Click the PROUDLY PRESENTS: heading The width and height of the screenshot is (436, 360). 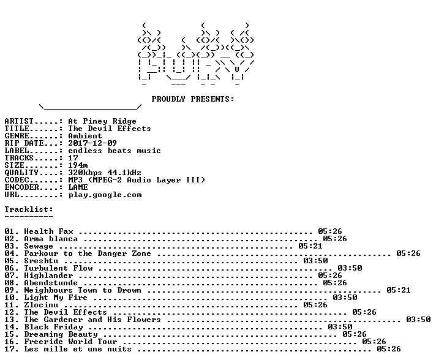click(193, 99)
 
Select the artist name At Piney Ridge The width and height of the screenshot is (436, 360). click(102, 121)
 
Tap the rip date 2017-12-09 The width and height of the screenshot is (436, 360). click(92, 143)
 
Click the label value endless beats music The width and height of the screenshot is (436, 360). click(115, 151)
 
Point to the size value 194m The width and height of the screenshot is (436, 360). click(78, 165)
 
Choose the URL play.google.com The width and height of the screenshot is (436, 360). click(105, 195)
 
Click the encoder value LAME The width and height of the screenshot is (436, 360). click(78, 187)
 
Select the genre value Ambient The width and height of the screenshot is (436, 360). click(85, 136)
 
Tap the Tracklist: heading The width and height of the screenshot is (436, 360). click(29, 209)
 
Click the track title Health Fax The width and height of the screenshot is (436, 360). click(48, 231)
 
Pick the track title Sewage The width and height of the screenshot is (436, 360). click(39, 246)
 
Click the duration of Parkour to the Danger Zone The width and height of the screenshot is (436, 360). click(408, 253)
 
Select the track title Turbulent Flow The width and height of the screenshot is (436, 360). click(58, 268)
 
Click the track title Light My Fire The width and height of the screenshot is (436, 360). click(56, 298)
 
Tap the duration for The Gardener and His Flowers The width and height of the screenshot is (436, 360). click(418, 319)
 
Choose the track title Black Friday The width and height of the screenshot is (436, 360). click(54, 327)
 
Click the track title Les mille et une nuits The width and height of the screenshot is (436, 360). click(78, 348)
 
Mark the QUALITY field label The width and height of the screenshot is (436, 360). click(21, 173)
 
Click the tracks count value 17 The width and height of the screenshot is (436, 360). click(73, 157)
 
